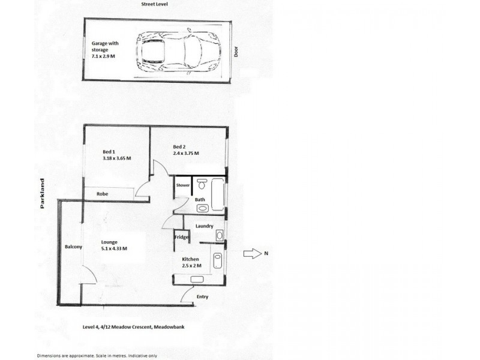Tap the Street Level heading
(154, 4)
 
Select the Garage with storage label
(104, 46)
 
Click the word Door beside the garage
(236, 52)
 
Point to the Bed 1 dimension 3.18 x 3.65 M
(117, 158)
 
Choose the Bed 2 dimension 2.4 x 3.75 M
(186, 153)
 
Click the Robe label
(102, 194)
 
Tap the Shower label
(183, 185)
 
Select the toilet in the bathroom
(202, 184)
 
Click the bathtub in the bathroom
(218, 194)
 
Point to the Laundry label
(204, 226)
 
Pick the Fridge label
(182, 237)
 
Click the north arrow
(253, 254)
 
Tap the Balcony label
(73, 247)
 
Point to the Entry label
(202, 296)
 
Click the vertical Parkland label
(42, 193)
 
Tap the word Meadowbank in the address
(169, 327)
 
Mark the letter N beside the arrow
(266, 253)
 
